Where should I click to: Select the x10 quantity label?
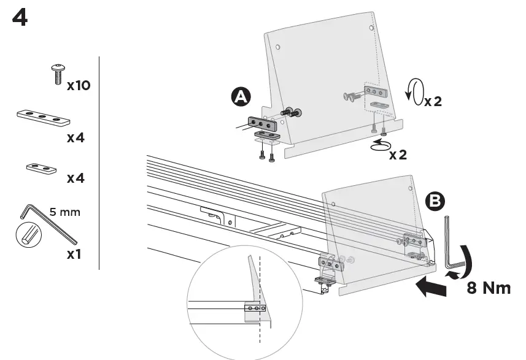[x=79, y=85]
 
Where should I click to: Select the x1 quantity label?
[x=74, y=254]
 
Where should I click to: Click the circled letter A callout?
[x=240, y=97]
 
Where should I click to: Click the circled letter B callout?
[x=435, y=201]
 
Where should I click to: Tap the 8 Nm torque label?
[x=489, y=288]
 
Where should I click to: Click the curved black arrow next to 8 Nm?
[x=467, y=260]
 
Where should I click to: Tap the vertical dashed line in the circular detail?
[x=260, y=294]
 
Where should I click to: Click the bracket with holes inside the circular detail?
[x=255, y=309]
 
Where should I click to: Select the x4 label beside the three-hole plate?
[x=75, y=138]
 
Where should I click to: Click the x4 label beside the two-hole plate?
[x=75, y=178]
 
